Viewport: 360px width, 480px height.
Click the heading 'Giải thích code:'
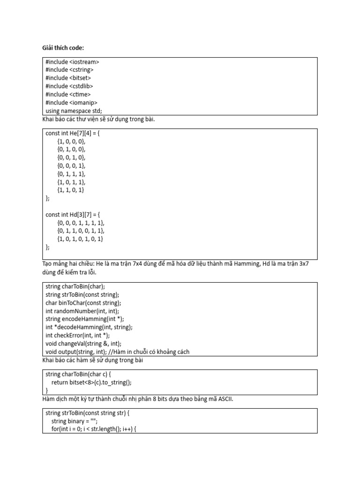[63, 48]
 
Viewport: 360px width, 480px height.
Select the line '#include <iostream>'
[72, 62]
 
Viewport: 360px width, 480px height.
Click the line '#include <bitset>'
[68, 78]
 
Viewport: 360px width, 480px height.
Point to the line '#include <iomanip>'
[72, 103]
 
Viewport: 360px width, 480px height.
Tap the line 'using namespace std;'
[74, 111]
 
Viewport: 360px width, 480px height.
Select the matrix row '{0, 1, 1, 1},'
[72, 174]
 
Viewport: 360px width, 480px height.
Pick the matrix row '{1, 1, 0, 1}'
[71, 190]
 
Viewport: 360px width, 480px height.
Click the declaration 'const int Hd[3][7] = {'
[73, 215]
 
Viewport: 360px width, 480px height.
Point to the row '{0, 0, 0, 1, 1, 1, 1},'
[81, 223]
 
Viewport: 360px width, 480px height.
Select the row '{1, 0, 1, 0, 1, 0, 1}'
[80, 239]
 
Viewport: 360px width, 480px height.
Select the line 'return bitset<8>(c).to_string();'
[91, 382]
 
